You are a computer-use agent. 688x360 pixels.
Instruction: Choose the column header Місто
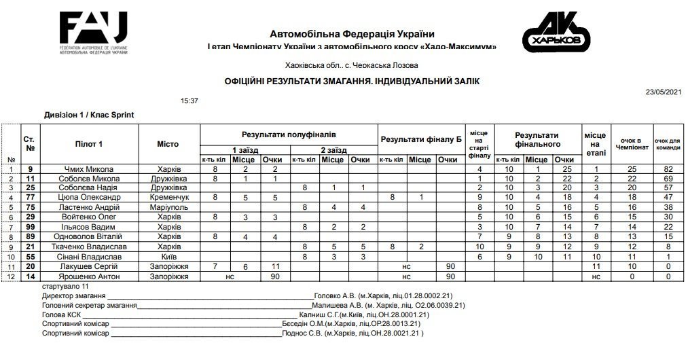coord(168,144)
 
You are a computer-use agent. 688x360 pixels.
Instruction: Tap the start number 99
coord(30,226)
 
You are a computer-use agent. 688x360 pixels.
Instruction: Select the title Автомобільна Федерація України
coord(351,34)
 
